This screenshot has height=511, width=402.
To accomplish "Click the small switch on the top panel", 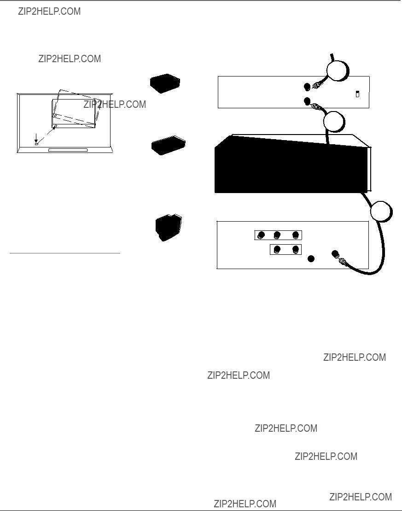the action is pyautogui.click(x=357, y=94).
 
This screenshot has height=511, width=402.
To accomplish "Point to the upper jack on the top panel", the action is pyautogui.click(x=307, y=87).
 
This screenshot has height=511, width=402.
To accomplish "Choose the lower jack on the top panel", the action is pyautogui.click(x=307, y=101).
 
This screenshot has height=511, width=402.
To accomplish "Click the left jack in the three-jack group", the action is pyautogui.click(x=261, y=235).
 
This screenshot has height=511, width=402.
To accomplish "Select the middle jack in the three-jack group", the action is pyautogui.click(x=277, y=235).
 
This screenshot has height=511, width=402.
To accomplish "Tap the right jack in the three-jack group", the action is pyautogui.click(x=296, y=235).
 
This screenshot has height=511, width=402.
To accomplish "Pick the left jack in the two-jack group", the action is pyautogui.click(x=277, y=250).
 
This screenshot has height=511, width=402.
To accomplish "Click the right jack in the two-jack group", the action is pyautogui.click(x=296, y=250).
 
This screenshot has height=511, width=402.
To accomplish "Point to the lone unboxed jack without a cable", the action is pyautogui.click(x=311, y=259).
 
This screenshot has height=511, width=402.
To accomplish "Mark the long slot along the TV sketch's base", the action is pyautogui.click(x=68, y=150).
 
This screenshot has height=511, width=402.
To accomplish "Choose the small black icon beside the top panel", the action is pyautogui.click(x=165, y=83).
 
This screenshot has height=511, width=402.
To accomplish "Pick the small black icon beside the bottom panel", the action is pyautogui.click(x=169, y=228).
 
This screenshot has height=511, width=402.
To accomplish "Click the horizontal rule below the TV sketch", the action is pyautogui.click(x=65, y=253).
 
